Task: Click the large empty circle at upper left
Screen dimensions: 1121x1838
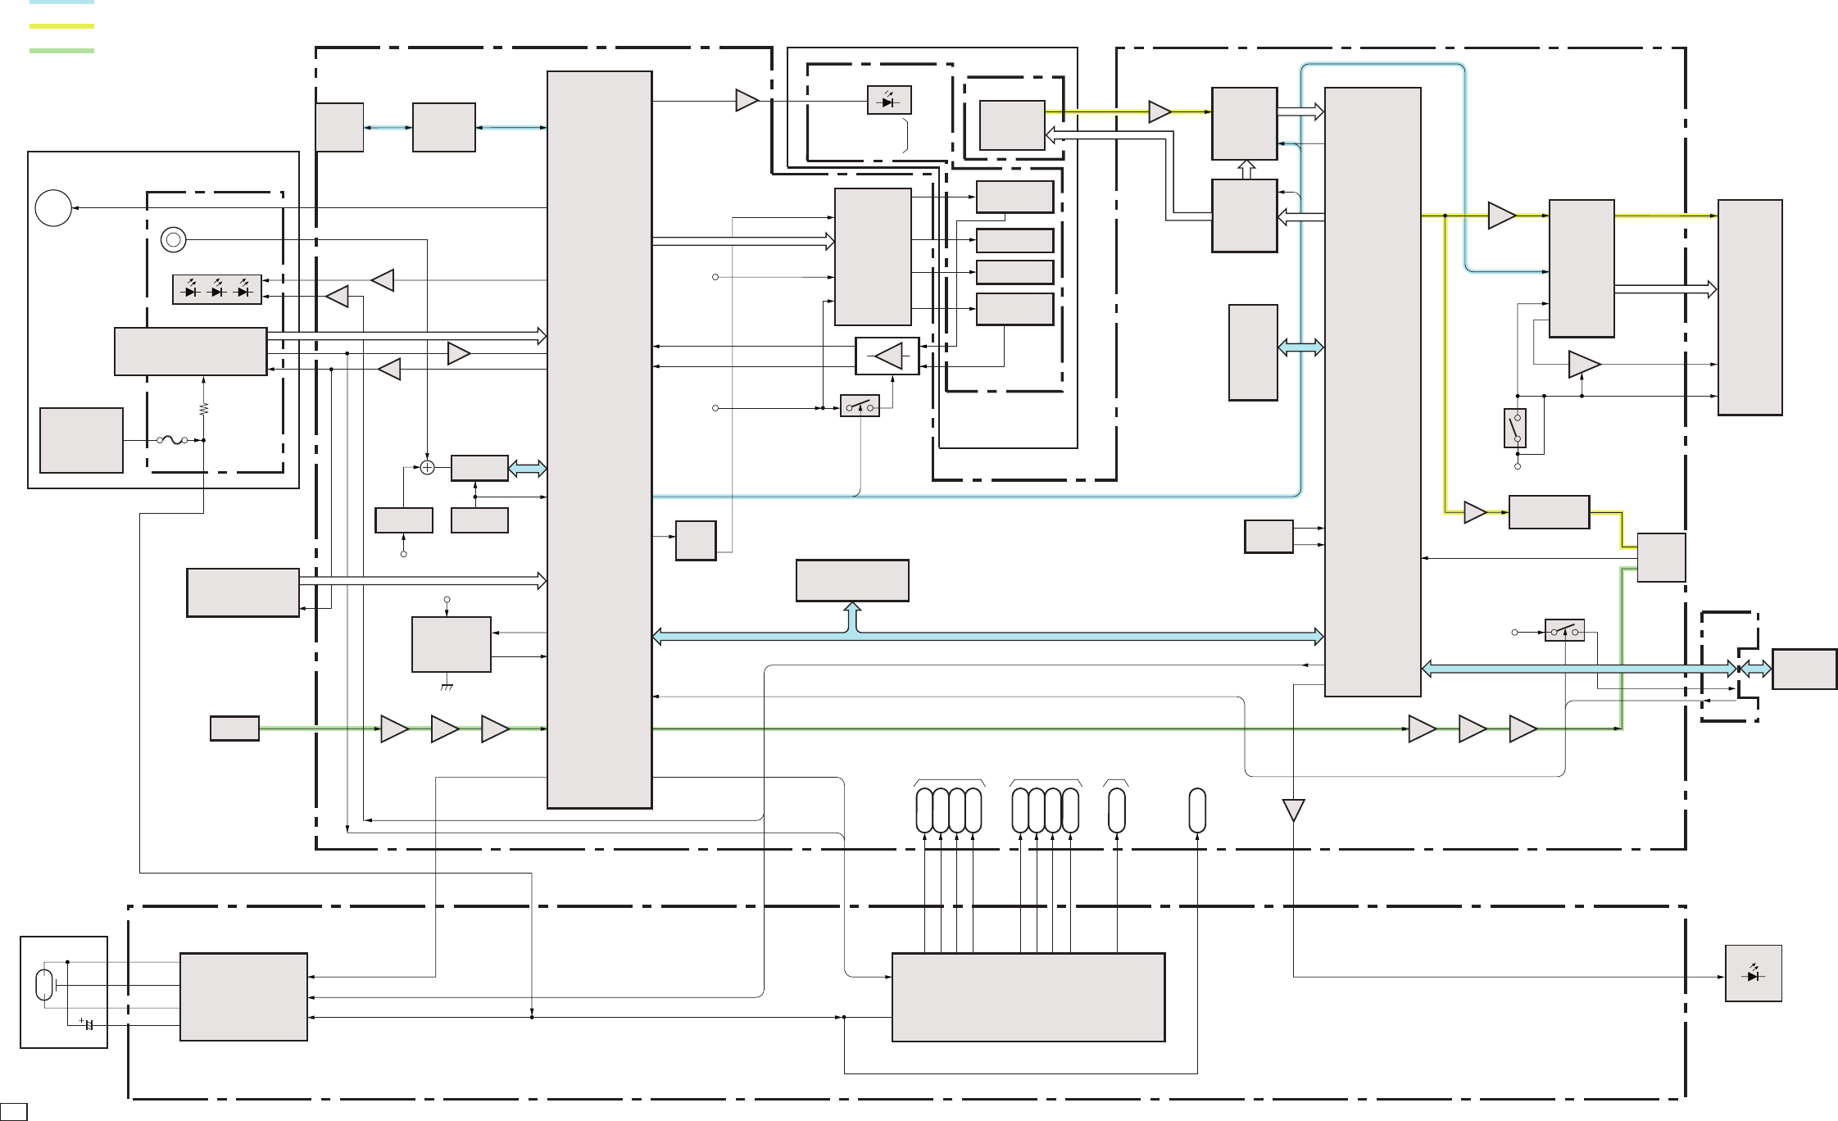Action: (53, 208)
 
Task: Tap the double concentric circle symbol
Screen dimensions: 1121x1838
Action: (173, 239)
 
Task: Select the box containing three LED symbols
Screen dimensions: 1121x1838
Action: (217, 290)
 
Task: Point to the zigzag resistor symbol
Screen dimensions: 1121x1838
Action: (203, 408)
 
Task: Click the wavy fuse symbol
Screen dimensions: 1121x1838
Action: (172, 440)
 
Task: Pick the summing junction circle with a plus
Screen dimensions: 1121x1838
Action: (427, 467)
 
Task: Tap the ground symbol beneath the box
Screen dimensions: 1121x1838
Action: (447, 687)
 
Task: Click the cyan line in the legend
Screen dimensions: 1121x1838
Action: (61, 2)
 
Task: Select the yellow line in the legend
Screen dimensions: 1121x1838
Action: (61, 26)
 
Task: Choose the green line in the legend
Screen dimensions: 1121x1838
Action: (61, 51)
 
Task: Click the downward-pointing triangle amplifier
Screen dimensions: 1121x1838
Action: (1293, 810)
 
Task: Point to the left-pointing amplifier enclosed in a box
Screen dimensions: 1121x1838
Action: (887, 356)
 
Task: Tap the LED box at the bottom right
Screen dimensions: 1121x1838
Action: (1753, 973)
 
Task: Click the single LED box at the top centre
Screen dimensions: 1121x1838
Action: (889, 101)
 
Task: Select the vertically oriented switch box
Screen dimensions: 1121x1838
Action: (1515, 428)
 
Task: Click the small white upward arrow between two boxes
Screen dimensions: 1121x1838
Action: (1246, 170)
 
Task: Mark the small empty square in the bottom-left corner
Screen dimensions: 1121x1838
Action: (14, 1113)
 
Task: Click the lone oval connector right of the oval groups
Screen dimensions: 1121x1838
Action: (1197, 810)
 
